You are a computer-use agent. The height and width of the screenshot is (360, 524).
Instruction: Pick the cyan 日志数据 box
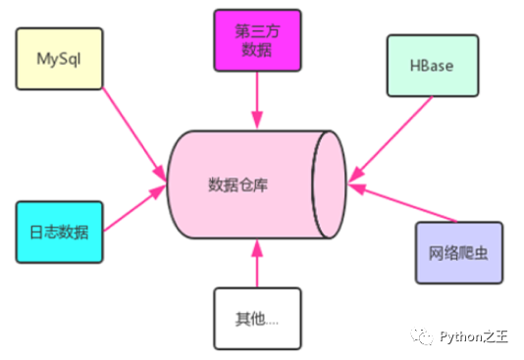60,232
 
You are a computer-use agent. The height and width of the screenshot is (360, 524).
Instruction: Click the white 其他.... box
256,318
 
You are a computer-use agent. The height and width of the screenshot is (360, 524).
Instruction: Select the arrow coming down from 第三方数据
256,98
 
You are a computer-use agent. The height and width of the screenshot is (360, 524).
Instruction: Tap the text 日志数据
60,232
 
